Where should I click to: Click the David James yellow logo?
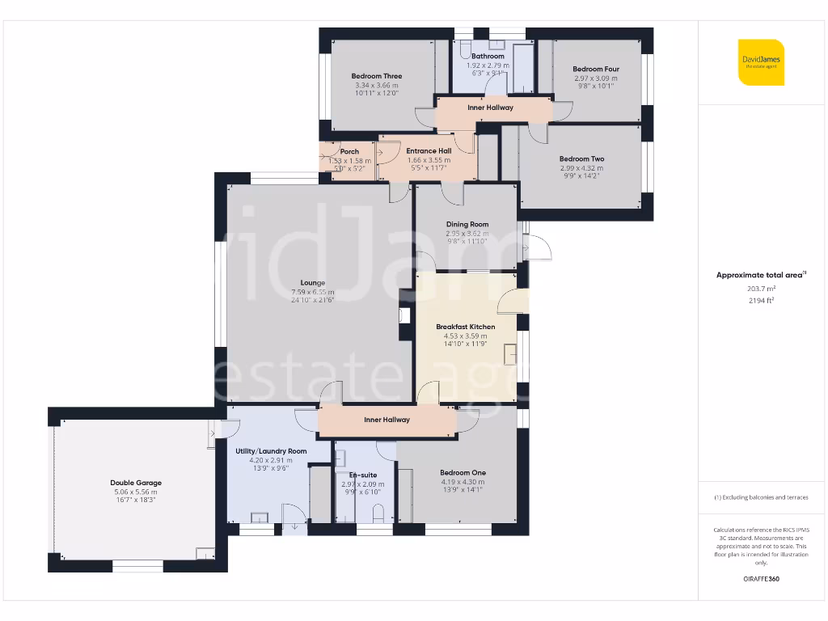[x=761, y=62]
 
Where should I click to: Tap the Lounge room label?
[x=312, y=283]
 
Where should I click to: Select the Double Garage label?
[x=133, y=483]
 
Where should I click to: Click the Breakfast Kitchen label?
[x=465, y=327]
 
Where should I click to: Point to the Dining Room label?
[x=467, y=224]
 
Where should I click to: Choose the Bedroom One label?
[x=463, y=472]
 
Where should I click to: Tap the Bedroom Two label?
[x=581, y=158]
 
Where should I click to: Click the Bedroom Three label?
[x=377, y=76]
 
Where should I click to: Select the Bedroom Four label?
[x=594, y=70]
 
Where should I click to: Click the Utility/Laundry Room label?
[x=271, y=450]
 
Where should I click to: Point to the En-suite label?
[x=362, y=475]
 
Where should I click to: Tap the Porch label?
[x=349, y=151]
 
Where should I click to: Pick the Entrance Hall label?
[x=429, y=150]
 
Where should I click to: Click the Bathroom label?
[x=488, y=57]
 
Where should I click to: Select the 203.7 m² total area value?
[x=760, y=288]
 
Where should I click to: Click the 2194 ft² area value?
[x=760, y=300]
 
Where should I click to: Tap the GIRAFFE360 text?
[x=760, y=579]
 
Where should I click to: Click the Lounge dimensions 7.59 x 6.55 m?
[x=312, y=292]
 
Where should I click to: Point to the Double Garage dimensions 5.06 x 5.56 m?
[x=133, y=492]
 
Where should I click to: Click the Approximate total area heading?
[x=760, y=275]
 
